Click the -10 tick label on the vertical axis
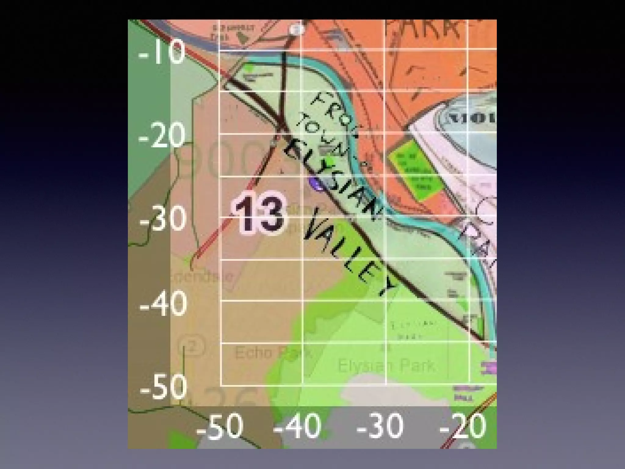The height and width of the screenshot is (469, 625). coord(162,54)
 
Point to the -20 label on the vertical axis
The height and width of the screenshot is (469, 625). coord(162,136)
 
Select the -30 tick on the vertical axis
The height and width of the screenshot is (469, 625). coord(162,219)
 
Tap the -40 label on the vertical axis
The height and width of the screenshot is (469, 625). coord(163,304)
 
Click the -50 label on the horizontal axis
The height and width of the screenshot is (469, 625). coord(219,426)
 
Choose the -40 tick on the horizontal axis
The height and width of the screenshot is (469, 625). coord(297,426)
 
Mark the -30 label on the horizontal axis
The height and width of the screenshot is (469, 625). coord(380,426)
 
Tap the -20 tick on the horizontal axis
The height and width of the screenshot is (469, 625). coord(462,426)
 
